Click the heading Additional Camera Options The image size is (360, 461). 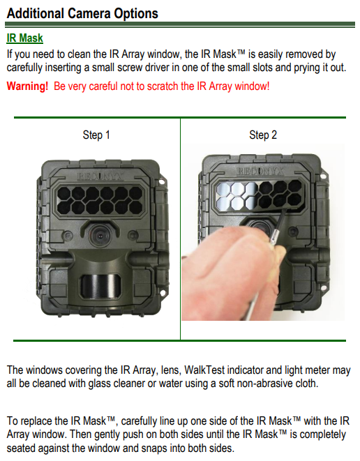[82, 13]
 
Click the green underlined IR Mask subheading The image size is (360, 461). [25, 39]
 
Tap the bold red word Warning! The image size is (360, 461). [27, 86]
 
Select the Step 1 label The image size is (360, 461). [96, 135]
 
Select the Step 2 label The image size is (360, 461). [263, 135]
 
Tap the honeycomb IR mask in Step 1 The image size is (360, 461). [96, 199]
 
